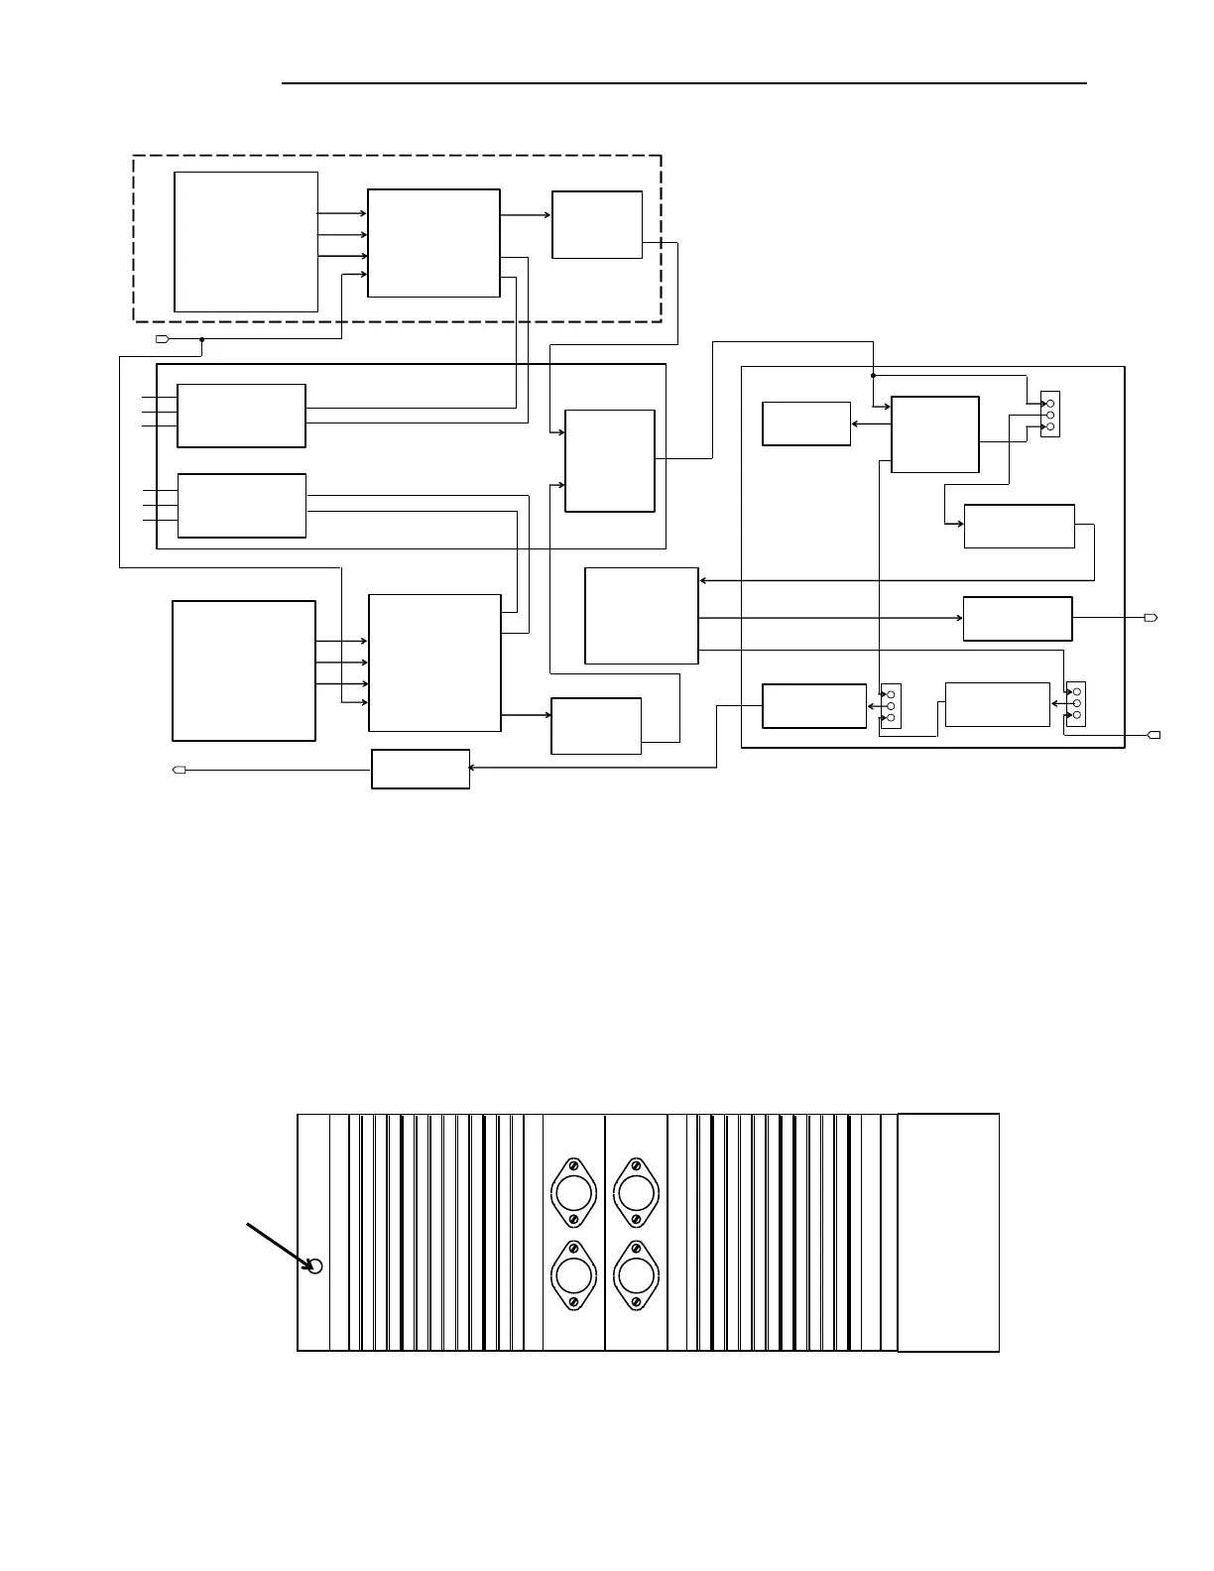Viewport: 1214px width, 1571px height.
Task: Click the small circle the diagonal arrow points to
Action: click(x=315, y=1267)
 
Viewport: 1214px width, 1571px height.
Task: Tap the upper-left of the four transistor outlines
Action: click(x=573, y=1192)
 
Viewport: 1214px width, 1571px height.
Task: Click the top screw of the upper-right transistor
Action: click(x=636, y=1165)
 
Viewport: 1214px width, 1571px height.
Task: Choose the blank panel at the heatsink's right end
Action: click(x=948, y=1232)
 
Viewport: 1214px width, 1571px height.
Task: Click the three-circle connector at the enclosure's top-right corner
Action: click(x=1050, y=415)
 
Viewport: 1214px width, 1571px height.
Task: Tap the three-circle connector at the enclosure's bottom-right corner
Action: click(x=1076, y=703)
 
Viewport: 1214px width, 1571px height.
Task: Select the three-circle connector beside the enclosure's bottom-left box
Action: click(x=891, y=705)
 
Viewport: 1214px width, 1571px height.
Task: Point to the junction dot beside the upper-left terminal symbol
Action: click(x=201, y=339)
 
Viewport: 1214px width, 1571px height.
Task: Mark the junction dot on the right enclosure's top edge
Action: click(x=873, y=376)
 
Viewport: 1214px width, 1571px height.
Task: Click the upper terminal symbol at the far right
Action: click(x=1151, y=618)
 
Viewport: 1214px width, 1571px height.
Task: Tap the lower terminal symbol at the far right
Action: click(x=1153, y=735)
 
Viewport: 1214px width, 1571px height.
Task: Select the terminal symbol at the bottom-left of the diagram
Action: click(x=180, y=770)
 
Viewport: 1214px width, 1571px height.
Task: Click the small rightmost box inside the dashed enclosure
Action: click(x=597, y=225)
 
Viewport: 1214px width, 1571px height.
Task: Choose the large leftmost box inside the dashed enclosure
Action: click(x=246, y=242)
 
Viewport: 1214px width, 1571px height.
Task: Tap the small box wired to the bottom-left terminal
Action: click(x=421, y=770)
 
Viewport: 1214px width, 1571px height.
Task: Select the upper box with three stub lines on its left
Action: click(x=241, y=416)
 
